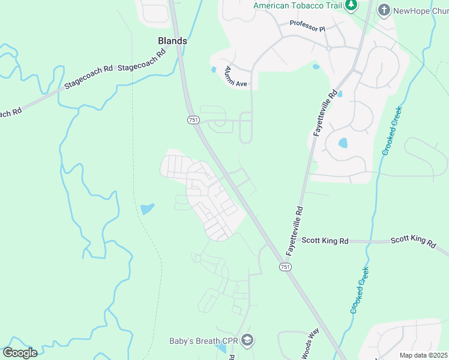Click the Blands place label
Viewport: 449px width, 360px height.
click(x=172, y=41)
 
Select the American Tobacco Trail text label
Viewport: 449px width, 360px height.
click(x=297, y=5)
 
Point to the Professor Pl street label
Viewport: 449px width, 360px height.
click(x=307, y=24)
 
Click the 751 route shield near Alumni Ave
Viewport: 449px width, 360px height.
click(x=193, y=120)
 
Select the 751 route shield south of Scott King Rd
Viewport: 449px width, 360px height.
click(x=285, y=266)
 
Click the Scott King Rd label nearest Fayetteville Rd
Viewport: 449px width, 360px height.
click(x=325, y=241)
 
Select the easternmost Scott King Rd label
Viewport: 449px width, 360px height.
click(x=413, y=241)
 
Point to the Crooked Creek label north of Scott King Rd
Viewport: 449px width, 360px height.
click(x=391, y=130)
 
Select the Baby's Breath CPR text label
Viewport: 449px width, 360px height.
click(x=203, y=341)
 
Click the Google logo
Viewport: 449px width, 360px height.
click(x=20, y=353)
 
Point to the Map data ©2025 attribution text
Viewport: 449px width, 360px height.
click(x=423, y=355)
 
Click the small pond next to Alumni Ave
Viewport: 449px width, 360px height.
click(x=214, y=70)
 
